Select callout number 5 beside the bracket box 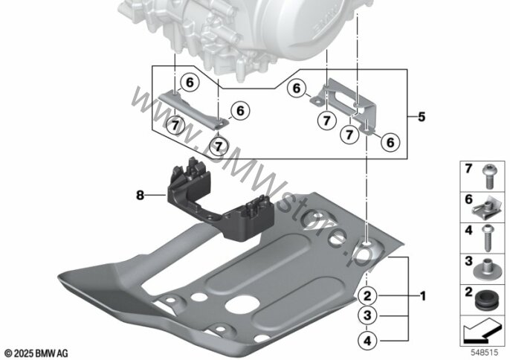tap(422, 117)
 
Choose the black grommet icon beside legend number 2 tap(488, 298)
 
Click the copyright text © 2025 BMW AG tap(36, 351)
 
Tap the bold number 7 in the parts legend tap(469, 170)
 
